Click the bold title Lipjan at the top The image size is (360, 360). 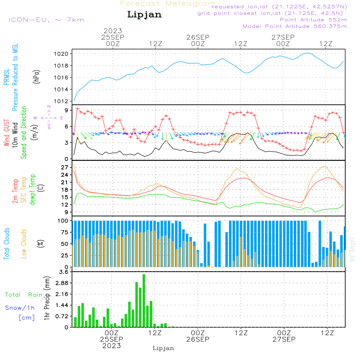tap(144, 15)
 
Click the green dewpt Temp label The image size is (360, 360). tap(32, 190)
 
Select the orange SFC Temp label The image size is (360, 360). tap(24, 190)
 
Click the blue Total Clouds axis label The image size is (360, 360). tap(7, 244)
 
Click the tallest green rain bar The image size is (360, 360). tap(144, 301)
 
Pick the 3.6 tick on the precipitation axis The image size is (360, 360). tap(64, 272)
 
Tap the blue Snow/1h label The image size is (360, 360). tap(20, 308)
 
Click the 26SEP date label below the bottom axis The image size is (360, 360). tap(198, 339)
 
